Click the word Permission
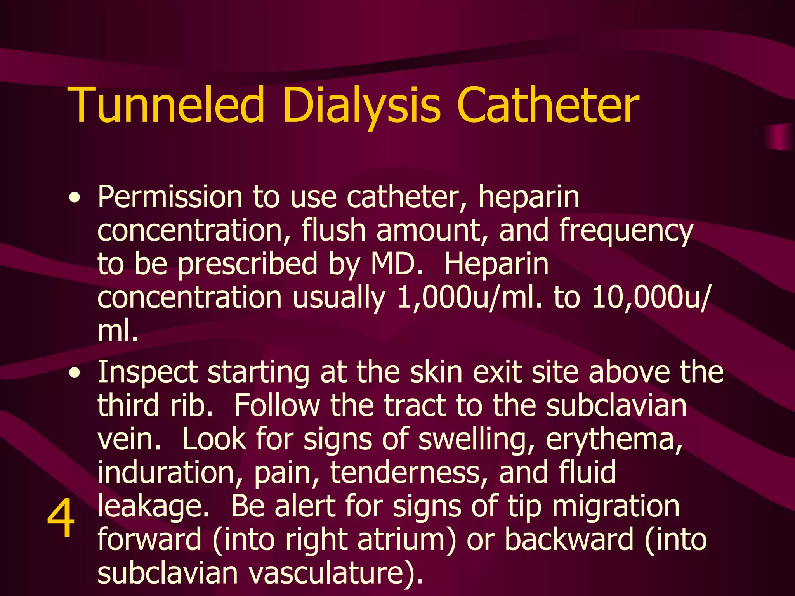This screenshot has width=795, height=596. tap(170, 197)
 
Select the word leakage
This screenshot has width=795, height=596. tap(153, 507)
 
